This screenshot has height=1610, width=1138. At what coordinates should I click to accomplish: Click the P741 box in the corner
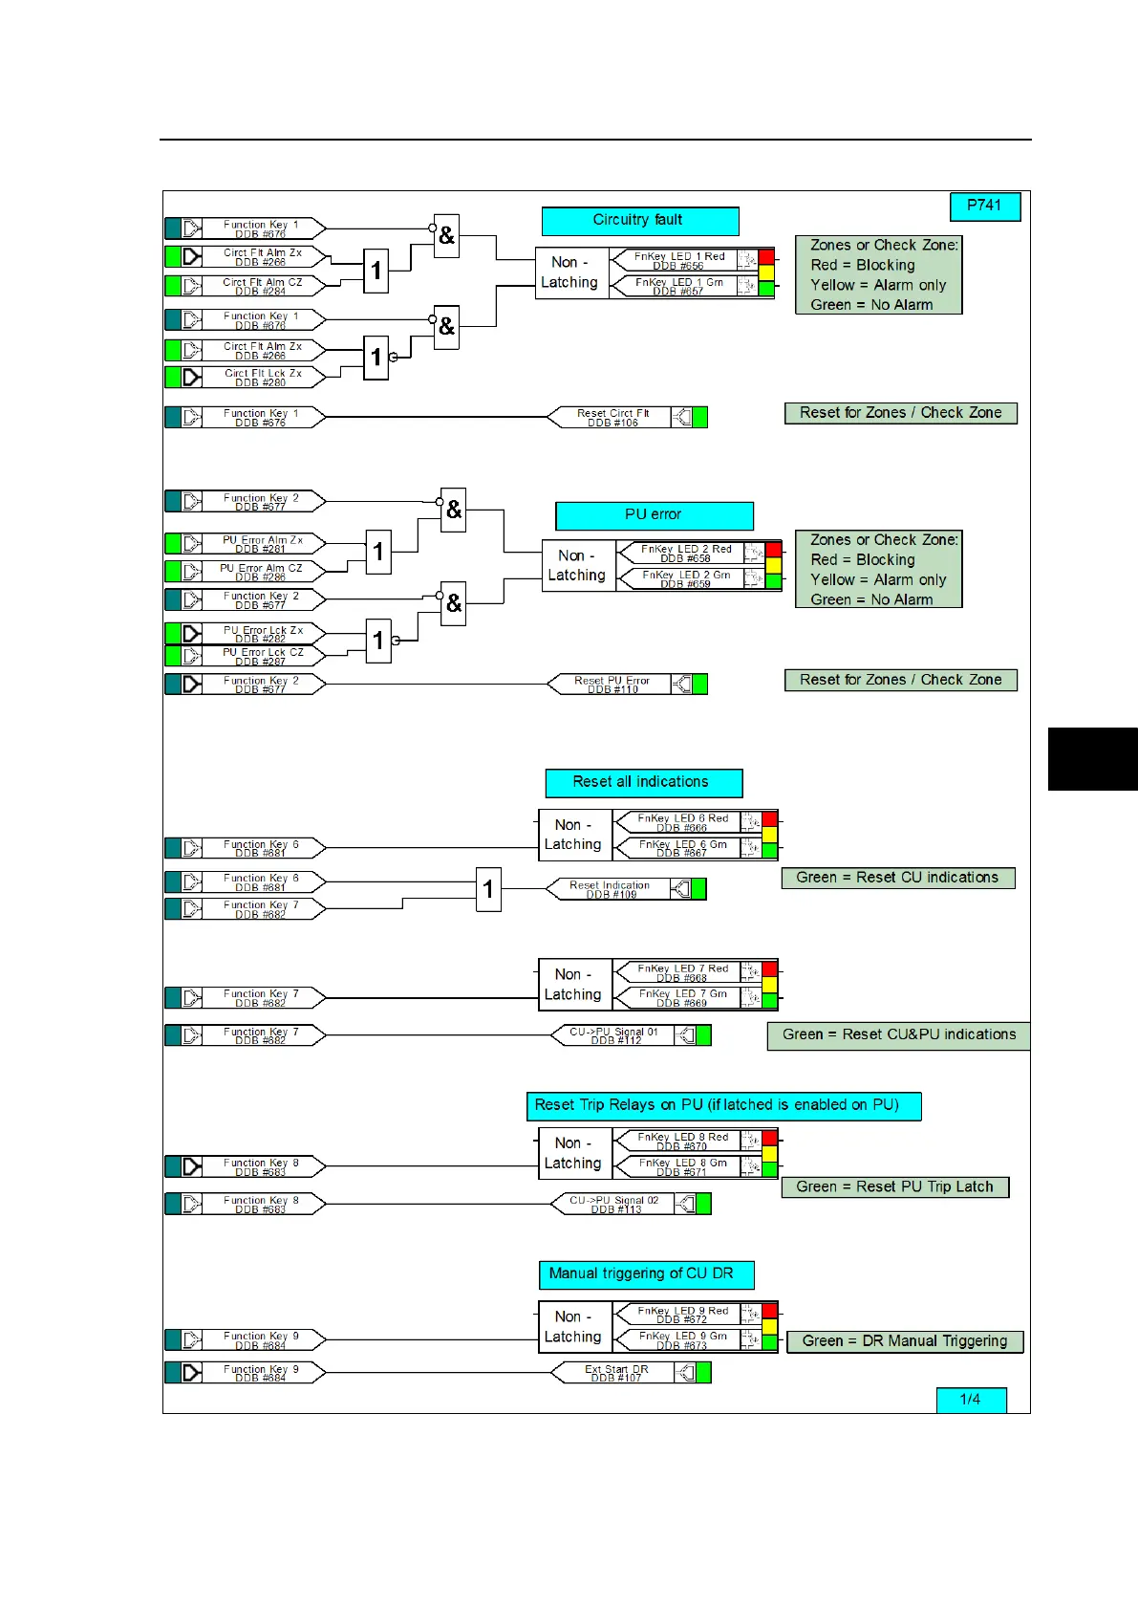click(x=985, y=207)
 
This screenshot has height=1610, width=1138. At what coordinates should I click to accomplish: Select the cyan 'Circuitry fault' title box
click(x=639, y=221)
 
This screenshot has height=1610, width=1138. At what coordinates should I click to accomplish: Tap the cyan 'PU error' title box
click(x=654, y=515)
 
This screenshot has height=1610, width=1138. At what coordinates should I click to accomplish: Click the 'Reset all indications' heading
click(x=643, y=783)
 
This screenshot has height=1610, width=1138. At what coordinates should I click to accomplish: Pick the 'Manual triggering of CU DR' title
click(x=646, y=1274)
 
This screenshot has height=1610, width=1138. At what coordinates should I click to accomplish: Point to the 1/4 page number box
click(x=971, y=1400)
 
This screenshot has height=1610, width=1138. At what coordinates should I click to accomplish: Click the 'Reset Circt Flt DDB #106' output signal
click(x=613, y=418)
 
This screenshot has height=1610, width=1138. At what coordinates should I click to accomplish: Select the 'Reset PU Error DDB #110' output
click(x=612, y=685)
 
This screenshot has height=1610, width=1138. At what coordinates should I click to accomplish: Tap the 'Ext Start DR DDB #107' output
click(x=617, y=1374)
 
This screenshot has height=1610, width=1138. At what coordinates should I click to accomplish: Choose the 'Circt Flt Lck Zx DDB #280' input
click(x=263, y=378)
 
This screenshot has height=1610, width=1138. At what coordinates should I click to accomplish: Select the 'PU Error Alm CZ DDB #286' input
click(x=261, y=572)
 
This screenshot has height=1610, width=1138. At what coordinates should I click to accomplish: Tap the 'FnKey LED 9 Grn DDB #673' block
click(x=683, y=1340)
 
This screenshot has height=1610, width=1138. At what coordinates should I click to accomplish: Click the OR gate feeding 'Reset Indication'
click(x=488, y=889)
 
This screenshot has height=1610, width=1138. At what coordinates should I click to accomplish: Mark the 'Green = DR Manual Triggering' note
click(x=905, y=1341)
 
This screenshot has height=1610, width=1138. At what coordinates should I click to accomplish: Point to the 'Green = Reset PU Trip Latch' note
click(x=895, y=1187)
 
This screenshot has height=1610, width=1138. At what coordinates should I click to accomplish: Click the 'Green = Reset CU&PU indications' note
click(x=898, y=1035)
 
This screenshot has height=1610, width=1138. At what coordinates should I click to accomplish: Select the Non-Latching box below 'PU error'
click(x=577, y=566)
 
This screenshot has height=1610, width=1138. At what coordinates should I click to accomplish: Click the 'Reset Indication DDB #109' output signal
click(x=611, y=889)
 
